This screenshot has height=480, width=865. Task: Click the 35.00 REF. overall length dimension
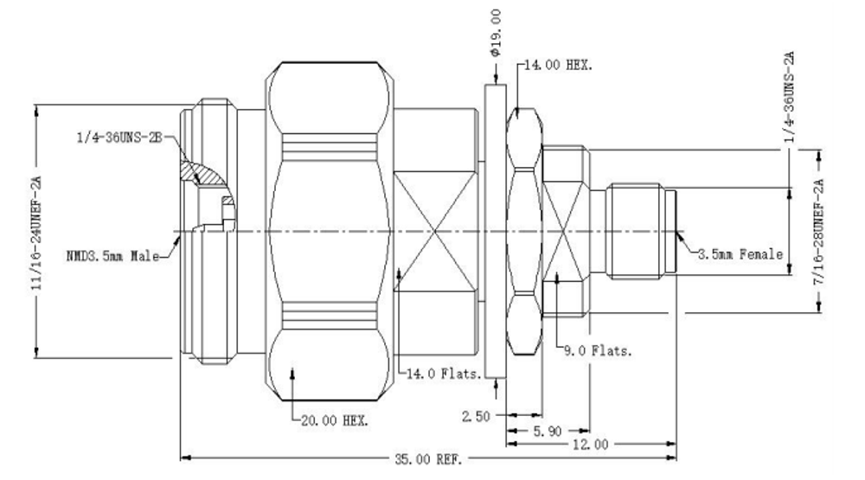(x=428, y=459)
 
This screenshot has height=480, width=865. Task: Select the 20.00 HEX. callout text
(x=334, y=421)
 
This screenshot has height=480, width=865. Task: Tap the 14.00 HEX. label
(x=558, y=65)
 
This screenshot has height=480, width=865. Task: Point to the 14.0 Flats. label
(x=444, y=374)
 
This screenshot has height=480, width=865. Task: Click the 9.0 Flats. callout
(x=598, y=351)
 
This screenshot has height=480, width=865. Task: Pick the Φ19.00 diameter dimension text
(x=495, y=33)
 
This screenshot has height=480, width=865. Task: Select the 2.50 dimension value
(x=476, y=417)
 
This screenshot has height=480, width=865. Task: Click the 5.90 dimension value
(x=547, y=431)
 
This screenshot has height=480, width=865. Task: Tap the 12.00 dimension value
(x=590, y=445)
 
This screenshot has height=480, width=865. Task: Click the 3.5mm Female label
(x=740, y=254)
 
